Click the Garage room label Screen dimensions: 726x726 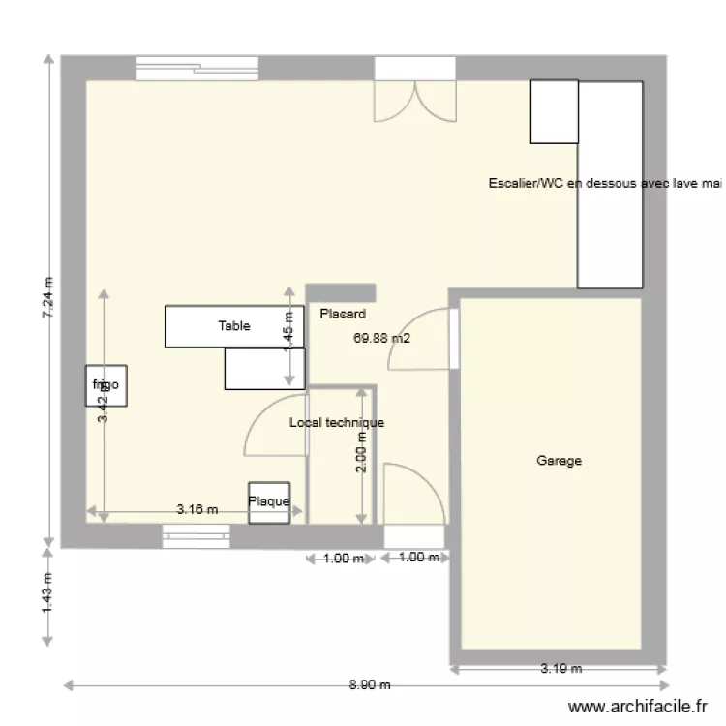[559, 462]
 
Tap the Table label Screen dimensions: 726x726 [233, 326]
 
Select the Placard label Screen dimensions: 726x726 [343, 314]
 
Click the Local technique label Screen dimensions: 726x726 [337, 423]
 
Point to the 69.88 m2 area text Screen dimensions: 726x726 [382, 339]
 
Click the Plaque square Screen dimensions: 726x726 [268, 502]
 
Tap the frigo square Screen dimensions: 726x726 [105, 385]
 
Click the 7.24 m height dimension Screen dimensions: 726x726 [48, 300]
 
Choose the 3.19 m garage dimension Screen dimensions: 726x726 [560, 668]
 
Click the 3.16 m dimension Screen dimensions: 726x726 [197, 509]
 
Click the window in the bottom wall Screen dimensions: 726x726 [196, 535]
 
